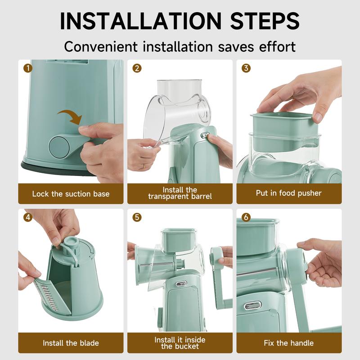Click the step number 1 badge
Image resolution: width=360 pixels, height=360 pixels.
tap(28, 68)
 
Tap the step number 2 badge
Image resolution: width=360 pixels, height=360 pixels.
tap(137, 68)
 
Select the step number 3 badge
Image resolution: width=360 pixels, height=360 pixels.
tap(246, 68)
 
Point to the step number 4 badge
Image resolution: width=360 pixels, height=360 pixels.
tap(28, 217)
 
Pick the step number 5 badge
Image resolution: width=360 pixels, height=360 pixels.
tap(137, 217)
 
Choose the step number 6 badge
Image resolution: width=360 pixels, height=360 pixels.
tap(246, 217)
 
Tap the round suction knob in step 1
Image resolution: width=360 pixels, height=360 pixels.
tap(59, 148)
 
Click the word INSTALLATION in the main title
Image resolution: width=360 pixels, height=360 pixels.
tap(140, 21)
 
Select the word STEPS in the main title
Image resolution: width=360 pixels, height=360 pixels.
tap(265, 21)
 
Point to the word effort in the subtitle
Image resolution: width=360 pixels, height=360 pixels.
tap(277, 47)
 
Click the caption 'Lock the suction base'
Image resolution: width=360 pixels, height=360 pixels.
tap(71, 194)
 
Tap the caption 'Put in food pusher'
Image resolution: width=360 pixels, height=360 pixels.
tap(288, 193)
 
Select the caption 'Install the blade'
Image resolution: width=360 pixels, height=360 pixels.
tap(71, 343)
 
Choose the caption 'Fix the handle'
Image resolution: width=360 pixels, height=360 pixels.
tap(288, 343)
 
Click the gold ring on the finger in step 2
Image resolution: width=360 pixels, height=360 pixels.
tap(144, 166)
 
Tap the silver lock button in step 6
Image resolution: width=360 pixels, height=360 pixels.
tap(252, 306)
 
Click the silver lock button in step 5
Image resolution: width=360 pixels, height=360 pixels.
tap(181, 284)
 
